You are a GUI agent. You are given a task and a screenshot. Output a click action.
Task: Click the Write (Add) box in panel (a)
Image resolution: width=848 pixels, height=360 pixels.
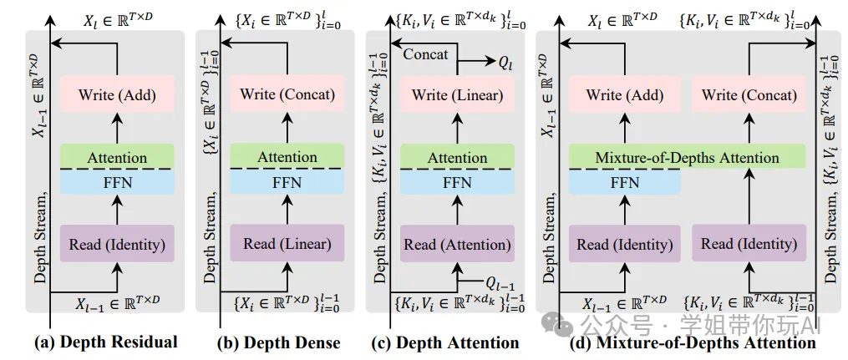point(117,94)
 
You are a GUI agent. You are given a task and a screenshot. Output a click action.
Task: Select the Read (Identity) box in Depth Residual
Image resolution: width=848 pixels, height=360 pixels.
point(117,244)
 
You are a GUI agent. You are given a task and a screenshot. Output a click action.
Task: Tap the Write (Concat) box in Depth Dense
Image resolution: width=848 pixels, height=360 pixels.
point(287,94)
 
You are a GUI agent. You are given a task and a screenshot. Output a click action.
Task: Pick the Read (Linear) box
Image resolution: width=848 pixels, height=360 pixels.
point(287,244)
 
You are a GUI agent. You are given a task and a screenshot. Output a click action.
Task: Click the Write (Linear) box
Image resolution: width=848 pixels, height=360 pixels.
point(458,94)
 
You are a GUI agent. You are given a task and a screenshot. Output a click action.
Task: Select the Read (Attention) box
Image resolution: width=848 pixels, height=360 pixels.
point(458,244)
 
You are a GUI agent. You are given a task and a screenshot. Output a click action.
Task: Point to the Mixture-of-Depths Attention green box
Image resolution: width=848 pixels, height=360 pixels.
point(686,157)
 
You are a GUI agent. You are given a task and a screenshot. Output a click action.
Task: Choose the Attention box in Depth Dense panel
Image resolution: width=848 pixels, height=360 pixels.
point(287,156)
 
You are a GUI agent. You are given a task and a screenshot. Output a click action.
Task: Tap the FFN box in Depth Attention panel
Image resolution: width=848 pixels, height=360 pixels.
point(458,181)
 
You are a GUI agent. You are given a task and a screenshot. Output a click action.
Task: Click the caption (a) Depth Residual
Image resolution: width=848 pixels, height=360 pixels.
point(105,342)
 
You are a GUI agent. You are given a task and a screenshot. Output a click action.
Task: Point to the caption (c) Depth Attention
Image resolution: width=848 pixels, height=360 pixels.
point(447,342)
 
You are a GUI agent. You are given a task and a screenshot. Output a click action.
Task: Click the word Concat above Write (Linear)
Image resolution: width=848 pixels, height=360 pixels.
point(425,54)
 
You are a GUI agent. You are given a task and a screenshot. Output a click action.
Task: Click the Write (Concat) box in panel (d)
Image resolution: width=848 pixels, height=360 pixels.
point(749,94)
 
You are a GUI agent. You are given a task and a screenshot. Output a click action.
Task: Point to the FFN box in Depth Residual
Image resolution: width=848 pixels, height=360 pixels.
point(117,181)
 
